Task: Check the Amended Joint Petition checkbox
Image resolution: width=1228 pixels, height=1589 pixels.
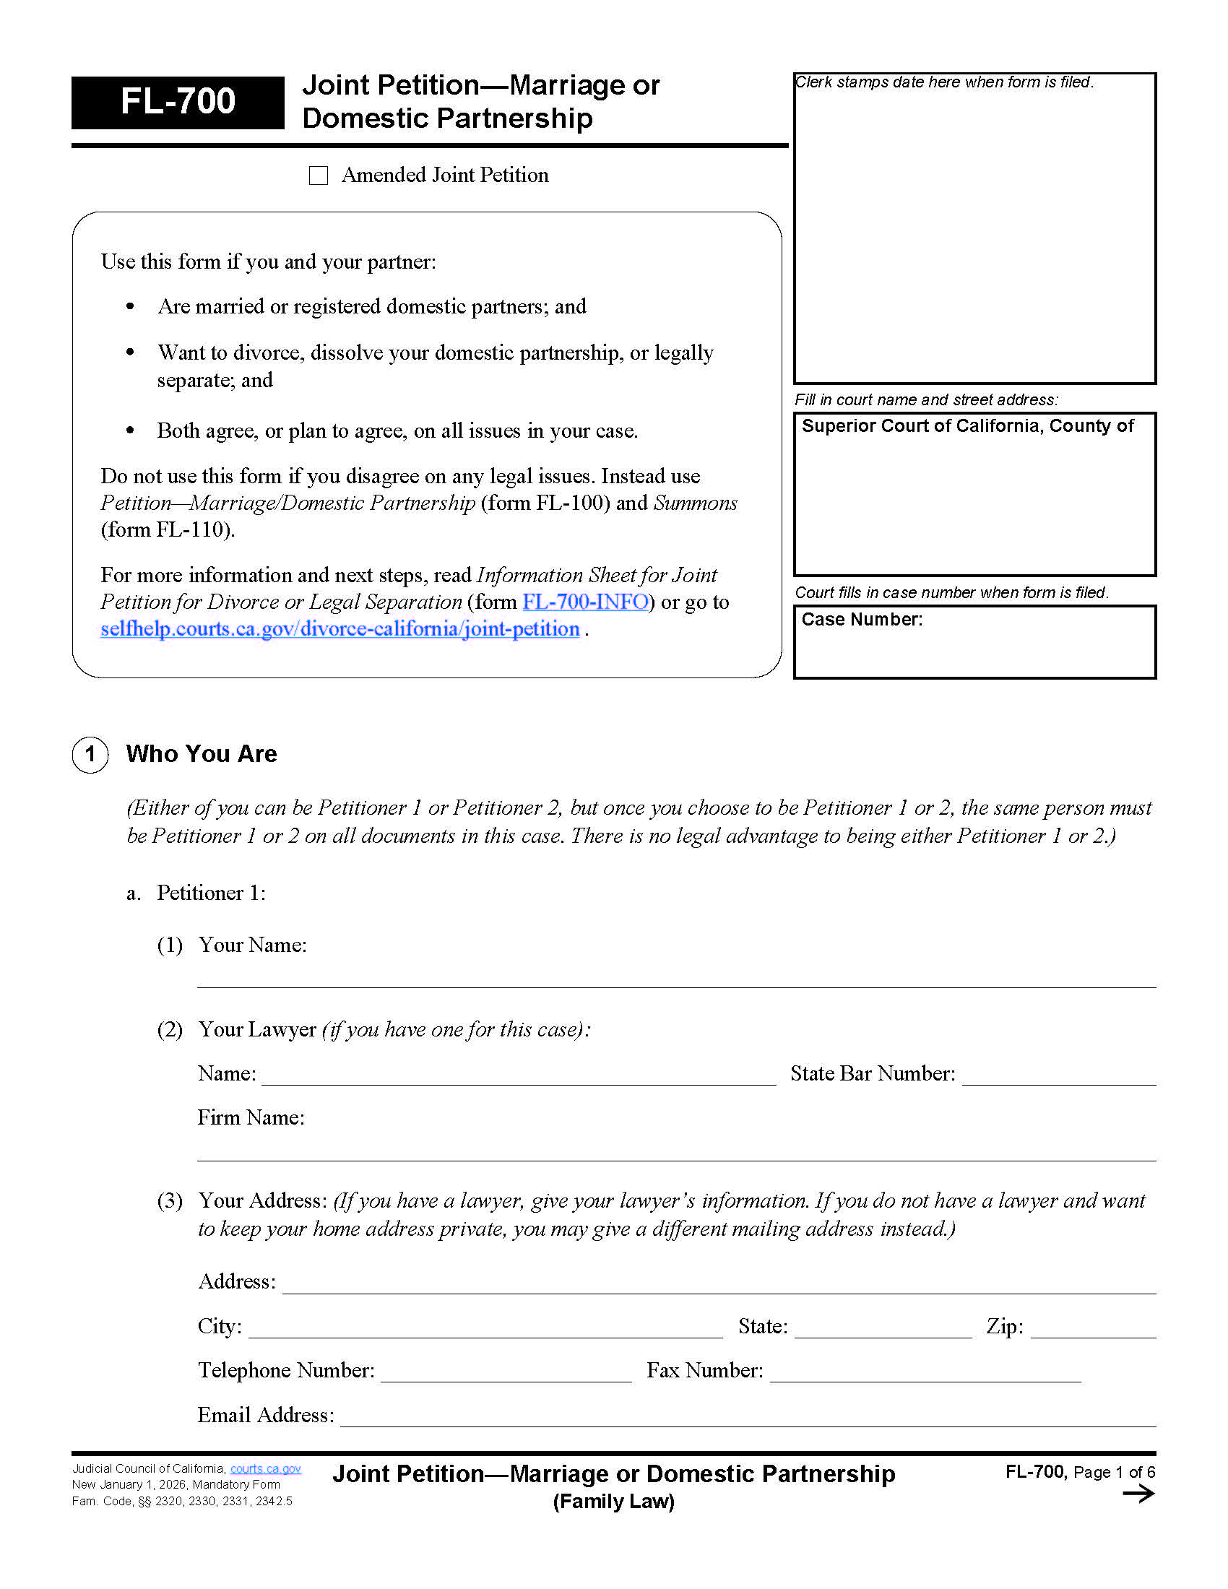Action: pyautogui.click(x=319, y=176)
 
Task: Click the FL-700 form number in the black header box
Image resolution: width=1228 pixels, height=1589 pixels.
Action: pyautogui.click(x=178, y=101)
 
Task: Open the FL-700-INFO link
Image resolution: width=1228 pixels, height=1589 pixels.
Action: pyautogui.click(x=585, y=602)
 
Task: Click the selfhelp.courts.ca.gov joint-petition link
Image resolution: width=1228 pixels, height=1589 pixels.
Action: pyautogui.click(x=340, y=628)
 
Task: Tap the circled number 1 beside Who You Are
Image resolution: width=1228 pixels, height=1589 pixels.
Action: pyautogui.click(x=90, y=754)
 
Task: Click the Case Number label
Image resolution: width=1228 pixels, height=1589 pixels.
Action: pyautogui.click(x=861, y=619)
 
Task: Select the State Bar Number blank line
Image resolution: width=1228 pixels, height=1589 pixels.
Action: pyautogui.click(x=1058, y=1077)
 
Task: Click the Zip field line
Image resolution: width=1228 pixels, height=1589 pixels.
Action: pyautogui.click(x=1093, y=1329)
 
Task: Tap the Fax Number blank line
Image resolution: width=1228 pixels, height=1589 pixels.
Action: pyautogui.click(x=925, y=1373)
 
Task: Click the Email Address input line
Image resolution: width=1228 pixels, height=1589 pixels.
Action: pyautogui.click(x=747, y=1418)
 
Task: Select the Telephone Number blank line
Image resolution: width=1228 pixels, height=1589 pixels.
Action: pyautogui.click(x=506, y=1373)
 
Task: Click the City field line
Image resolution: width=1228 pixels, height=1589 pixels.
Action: pyautogui.click(x=485, y=1329)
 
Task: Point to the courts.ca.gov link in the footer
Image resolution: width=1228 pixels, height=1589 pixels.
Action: pyautogui.click(x=266, y=1469)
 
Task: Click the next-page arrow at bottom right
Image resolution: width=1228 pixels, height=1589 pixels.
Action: pyautogui.click(x=1138, y=1494)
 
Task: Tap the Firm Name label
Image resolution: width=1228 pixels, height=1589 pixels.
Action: pyautogui.click(x=251, y=1117)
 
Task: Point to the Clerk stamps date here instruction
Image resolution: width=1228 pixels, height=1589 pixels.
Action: pyautogui.click(x=943, y=82)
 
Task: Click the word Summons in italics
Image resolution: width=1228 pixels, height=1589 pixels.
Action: pyautogui.click(x=695, y=503)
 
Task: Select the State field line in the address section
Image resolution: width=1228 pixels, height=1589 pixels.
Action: pyautogui.click(x=883, y=1329)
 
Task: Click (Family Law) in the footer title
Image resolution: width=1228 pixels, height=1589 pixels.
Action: pyautogui.click(x=613, y=1502)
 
